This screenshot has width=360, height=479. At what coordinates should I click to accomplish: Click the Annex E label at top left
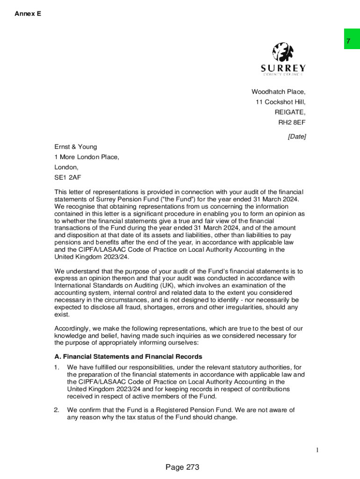coord(28,14)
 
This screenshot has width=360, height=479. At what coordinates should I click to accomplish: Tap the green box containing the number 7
coord(352,39)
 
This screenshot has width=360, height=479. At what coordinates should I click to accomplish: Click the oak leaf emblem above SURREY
coord(283,52)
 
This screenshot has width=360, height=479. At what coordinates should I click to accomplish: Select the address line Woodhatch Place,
coord(278,92)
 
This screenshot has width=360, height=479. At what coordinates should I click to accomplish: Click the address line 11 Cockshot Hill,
coord(280,102)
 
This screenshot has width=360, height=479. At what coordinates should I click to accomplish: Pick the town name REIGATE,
coord(290,112)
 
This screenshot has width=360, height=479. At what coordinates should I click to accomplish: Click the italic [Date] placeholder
coord(296,137)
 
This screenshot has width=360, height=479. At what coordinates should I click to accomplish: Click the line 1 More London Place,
coord(87,157)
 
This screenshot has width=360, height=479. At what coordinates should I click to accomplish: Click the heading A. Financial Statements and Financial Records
coord(128,357)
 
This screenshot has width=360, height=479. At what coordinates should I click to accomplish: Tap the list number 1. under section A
coord(57,367)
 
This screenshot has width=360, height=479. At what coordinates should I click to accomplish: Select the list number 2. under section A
coord(57,410)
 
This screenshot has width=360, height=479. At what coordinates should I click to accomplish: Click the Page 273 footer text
coord(182,467)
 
